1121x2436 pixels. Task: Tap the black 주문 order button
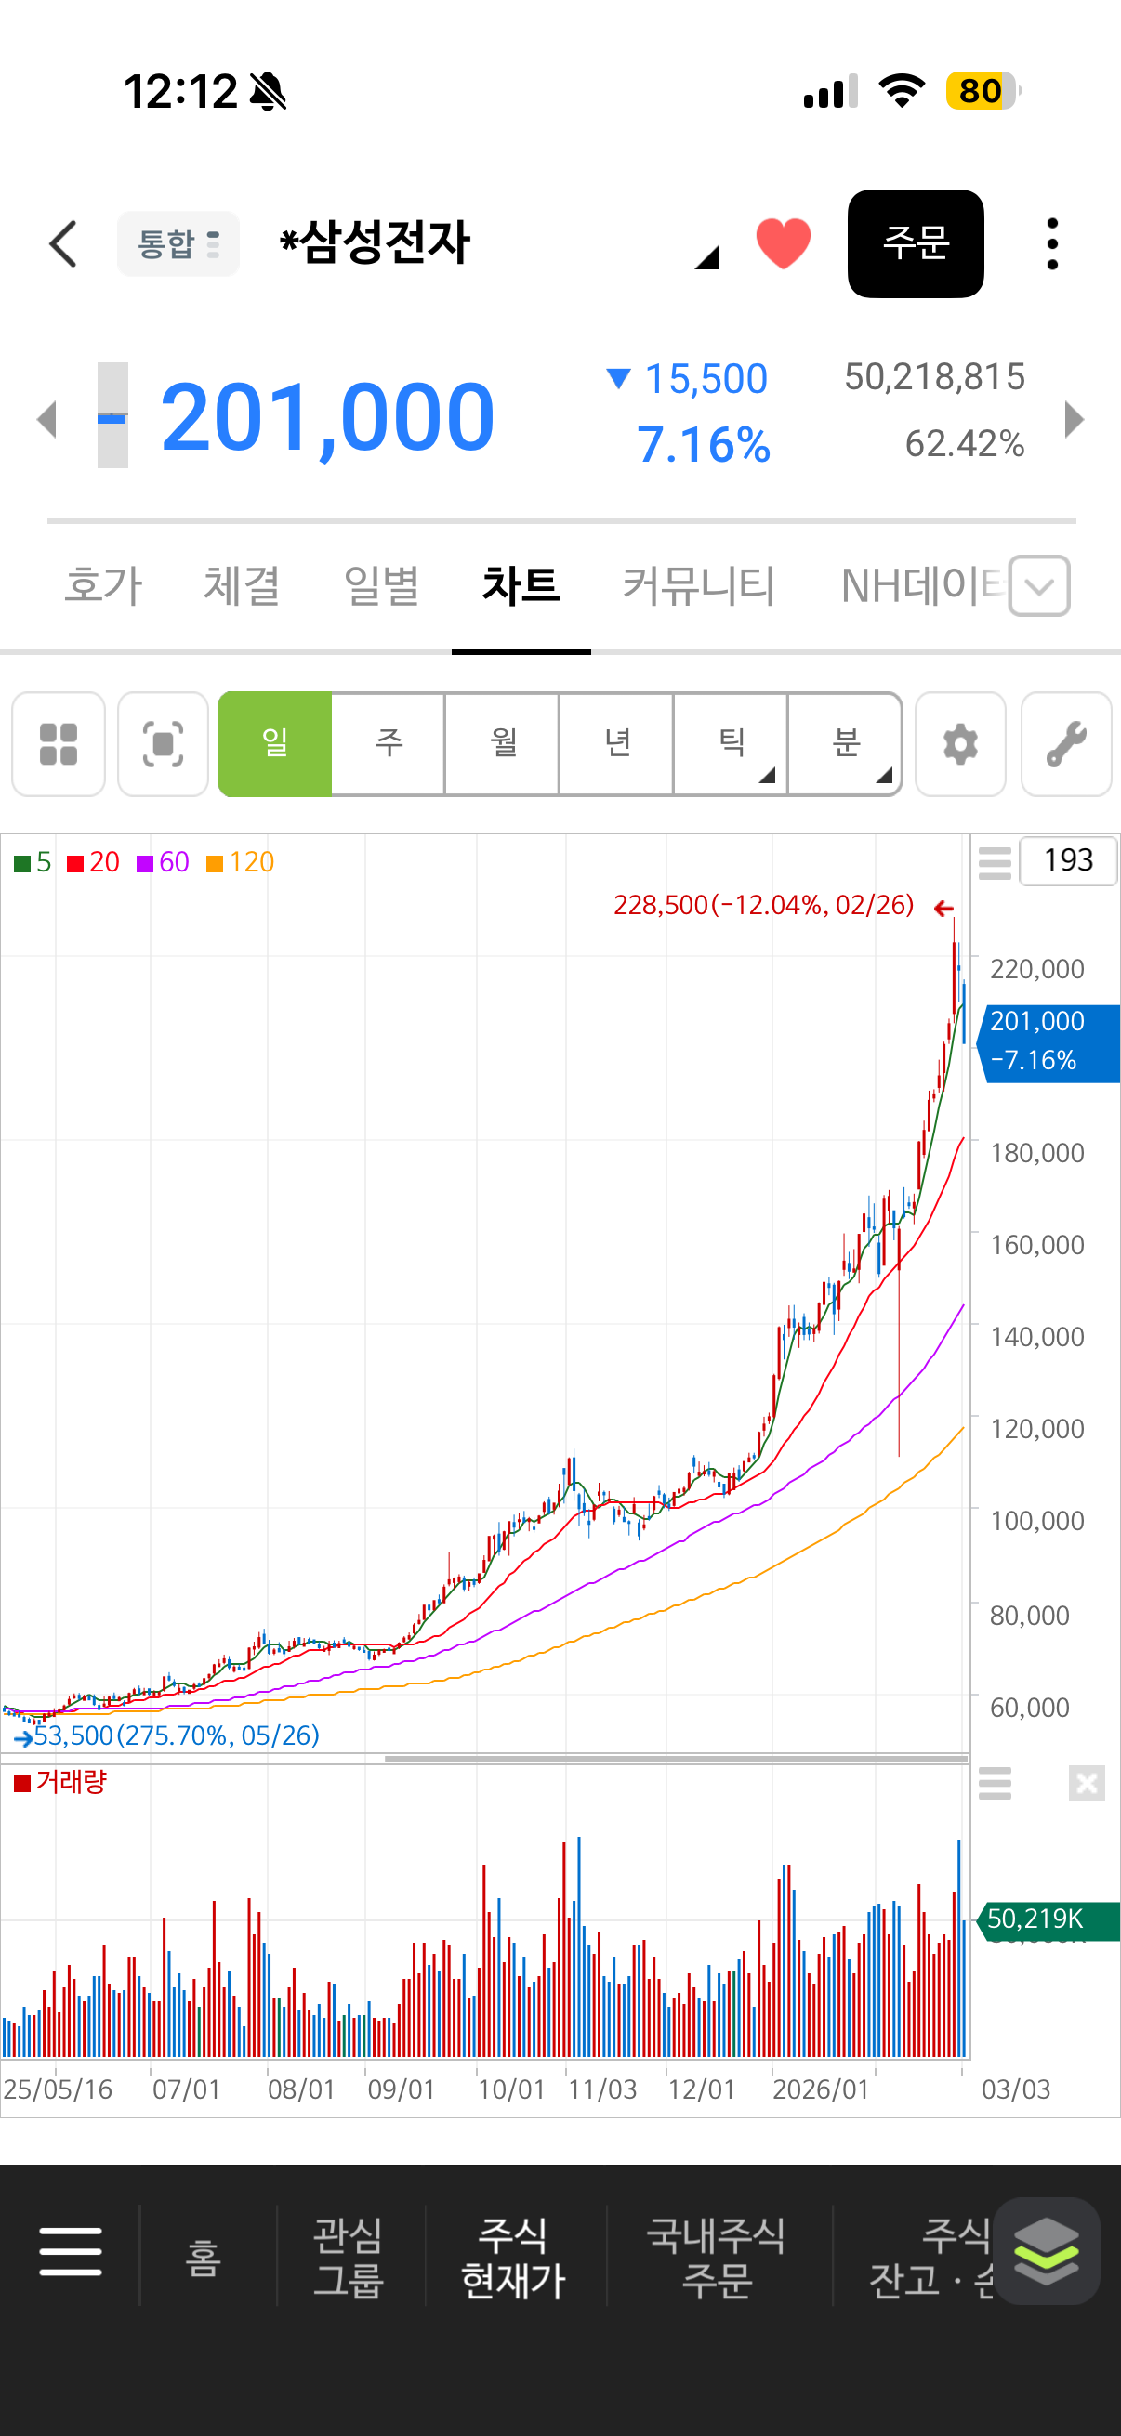[x=915, y=244]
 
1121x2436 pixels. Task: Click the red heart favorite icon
[x=784, y=243]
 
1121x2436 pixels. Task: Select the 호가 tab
[x=103, y=585]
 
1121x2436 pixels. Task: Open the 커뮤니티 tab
[x=698, y=585]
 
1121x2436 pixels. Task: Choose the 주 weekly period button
[x=389, y=744]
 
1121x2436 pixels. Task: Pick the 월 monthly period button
[x=502, y=744]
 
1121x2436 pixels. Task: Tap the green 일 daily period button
[x=275, y=744]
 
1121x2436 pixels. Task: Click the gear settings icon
[x=960, y=744]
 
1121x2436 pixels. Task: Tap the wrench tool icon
[x=1066, y=744]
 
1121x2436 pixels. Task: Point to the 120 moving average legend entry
[x=242, y=862]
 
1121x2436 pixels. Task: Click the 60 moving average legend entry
[x=164, y=862]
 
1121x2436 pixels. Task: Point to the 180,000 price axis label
[x=1036, y=1153]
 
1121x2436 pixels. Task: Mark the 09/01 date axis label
[x=402, y=2089]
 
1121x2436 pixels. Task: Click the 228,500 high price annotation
[x=763, y=906]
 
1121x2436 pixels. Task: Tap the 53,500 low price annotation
[x=176, y=1735]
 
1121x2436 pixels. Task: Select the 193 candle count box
[x=1068, y=860]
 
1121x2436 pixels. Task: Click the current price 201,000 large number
[x=327, y=416]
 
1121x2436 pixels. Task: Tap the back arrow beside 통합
[x=63, y=244]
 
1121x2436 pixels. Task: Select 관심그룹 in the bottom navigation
[x=349, y=2259]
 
